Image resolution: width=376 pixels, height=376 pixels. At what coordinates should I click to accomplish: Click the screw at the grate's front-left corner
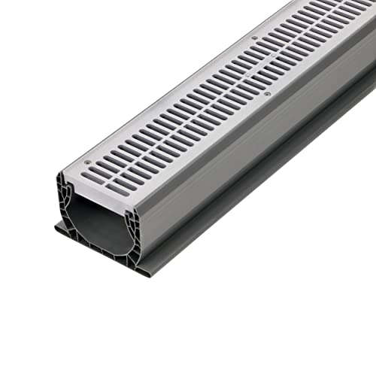(89, 162)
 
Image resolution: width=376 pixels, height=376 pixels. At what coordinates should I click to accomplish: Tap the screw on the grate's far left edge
(253, 37)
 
